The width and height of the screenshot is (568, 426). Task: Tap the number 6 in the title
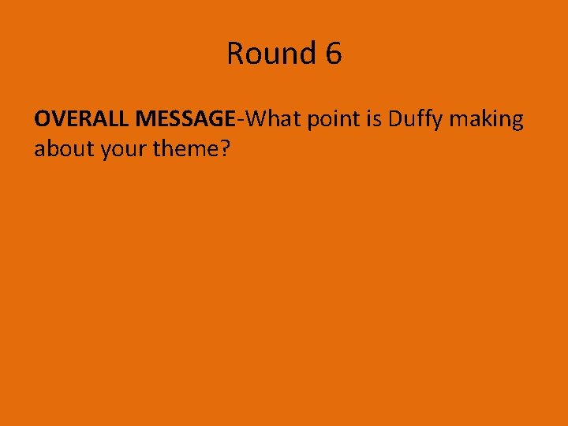pos(333,54)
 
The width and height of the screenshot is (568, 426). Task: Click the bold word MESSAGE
pos(185,119)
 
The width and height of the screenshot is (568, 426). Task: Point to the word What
pos(271,119)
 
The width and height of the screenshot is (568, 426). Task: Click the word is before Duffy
pos(374,119)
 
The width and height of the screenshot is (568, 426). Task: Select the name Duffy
pos(414,120)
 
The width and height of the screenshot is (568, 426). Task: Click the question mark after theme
pos(225,148)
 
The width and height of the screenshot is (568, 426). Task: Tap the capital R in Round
pos(236,54)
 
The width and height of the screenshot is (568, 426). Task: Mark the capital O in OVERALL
pos(43,119)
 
